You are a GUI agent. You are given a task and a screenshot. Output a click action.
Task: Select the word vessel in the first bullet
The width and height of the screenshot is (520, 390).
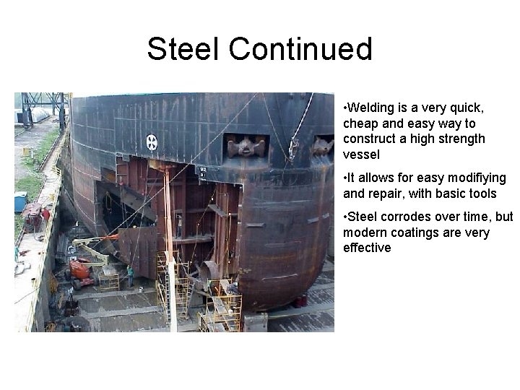[362, 155]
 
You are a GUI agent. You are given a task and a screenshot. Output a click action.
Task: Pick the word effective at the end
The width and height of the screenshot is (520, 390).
[367, 248]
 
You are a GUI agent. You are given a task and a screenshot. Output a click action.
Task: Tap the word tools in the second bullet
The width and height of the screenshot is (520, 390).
[482, 194]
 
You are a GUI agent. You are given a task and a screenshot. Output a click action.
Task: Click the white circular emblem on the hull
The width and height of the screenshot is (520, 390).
[152, 142]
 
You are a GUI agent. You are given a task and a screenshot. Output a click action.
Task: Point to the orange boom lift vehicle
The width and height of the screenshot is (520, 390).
[80, 270]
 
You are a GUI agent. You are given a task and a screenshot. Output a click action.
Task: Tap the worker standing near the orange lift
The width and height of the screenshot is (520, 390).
[130, 274]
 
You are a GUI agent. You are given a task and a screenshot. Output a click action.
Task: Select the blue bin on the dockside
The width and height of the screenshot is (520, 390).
[20, 201]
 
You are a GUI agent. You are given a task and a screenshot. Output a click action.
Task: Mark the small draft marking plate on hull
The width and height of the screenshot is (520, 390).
[203, 173]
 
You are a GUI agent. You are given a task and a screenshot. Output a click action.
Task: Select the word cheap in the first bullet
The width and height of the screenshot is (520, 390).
[360, 123]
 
